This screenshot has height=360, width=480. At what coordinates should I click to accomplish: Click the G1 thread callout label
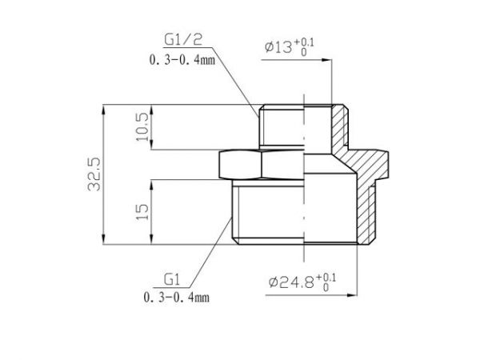coord(170,279)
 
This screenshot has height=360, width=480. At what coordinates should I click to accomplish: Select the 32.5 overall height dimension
coord(94,175)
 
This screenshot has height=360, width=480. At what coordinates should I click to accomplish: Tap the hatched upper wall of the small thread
coord(340,128)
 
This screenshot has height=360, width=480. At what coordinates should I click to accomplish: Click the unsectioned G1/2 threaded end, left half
coord(280,126)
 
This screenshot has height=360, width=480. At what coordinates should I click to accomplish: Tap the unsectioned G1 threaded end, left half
coord(268,214)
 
